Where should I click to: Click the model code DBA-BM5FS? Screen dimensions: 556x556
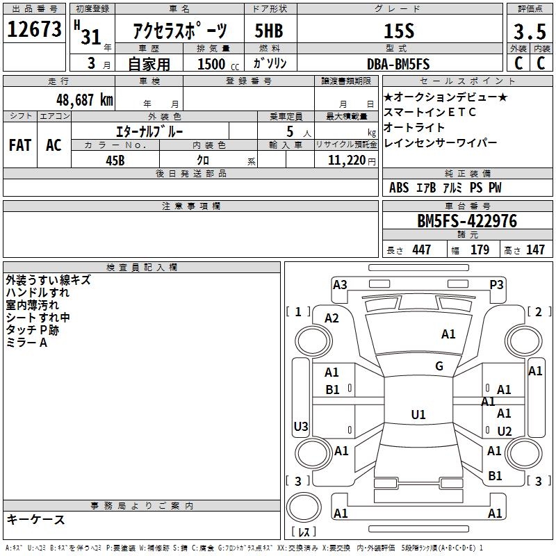(x=398, y=64)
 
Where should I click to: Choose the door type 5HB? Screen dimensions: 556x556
(x=268, y=31)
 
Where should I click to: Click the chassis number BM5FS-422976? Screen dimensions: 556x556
(x=466, y=221)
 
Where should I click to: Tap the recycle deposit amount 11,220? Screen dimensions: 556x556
(x=345, y=160)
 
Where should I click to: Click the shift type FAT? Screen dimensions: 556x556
(x=19, y=145)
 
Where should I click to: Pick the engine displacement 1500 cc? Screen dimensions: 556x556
(x=212, y=65)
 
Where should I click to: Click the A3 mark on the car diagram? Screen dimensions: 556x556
(x=340, y=284)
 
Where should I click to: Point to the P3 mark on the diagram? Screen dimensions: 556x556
(x=496, y=284)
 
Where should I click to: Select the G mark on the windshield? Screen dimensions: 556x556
(x=439, y=366)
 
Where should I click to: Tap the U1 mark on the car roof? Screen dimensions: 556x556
(x=418, y=415)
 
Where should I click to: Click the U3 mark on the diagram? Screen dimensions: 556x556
(x=301, y=426)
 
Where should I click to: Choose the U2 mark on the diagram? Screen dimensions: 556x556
(x=504, y=432)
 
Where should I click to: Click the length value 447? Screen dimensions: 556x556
(x=421, y=250)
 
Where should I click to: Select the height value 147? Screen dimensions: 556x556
(x=535, y=250)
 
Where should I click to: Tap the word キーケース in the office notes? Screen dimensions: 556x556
(x=35, y=520)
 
